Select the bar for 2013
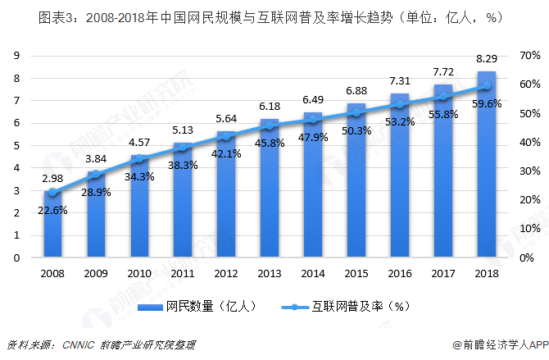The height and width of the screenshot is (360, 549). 270,188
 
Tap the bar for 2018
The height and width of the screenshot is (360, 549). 487,164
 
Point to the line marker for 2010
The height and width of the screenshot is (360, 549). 139,158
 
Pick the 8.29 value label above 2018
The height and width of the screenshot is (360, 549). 487,58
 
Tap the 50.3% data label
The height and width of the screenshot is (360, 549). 356,130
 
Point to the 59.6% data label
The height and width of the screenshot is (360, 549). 486,104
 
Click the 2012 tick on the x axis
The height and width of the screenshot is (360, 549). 226,272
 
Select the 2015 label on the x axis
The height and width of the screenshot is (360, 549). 356,272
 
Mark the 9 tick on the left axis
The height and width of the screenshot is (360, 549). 16,56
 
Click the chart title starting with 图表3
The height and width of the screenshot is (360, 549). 274,16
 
